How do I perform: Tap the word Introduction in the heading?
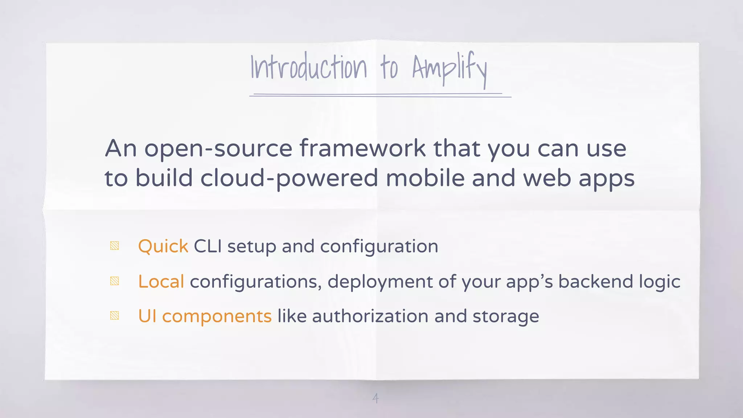[x=309, y=67]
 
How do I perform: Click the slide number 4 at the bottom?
[x=375, y=398]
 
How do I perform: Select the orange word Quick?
[x=163, y=246]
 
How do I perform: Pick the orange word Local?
[x=161, y=282]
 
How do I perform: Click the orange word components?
[x=217, y=316]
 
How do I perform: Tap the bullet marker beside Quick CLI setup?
[x=115, y=246]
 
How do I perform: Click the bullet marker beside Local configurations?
[x=115, y=281]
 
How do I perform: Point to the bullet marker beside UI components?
[x=115, y=315]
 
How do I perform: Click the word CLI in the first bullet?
[x=208, y=246]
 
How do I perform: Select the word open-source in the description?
[x=218, y=149]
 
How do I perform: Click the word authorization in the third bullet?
[x=370, y=316]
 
